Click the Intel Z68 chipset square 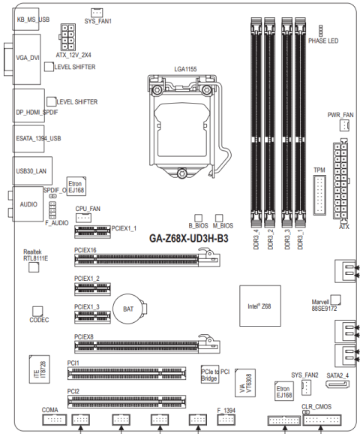click(x=260, y=306)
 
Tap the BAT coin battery click(x=130, y=309)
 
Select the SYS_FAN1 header click(x=97, y=13)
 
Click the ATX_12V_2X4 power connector click(x=67, y=37)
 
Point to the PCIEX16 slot click(x=147, y=260)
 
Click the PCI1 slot click(x=127, y=373)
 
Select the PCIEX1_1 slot click(x=92, y=232)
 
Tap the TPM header click(x=319, y=195)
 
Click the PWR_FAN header click(x=344, y=125)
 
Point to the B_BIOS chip click(x=198, y=218)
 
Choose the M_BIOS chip click(x=219, y=218)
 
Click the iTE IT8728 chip click(x=40, y=369)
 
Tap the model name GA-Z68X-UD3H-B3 click(x=189, y=238)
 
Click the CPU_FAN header click(x=83, y=218)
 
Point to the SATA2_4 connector click(x=337, y=384)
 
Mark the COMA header click(x=55, y=420)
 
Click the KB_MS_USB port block click(x=25, y=19)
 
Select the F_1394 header click(x=226, y=420)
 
